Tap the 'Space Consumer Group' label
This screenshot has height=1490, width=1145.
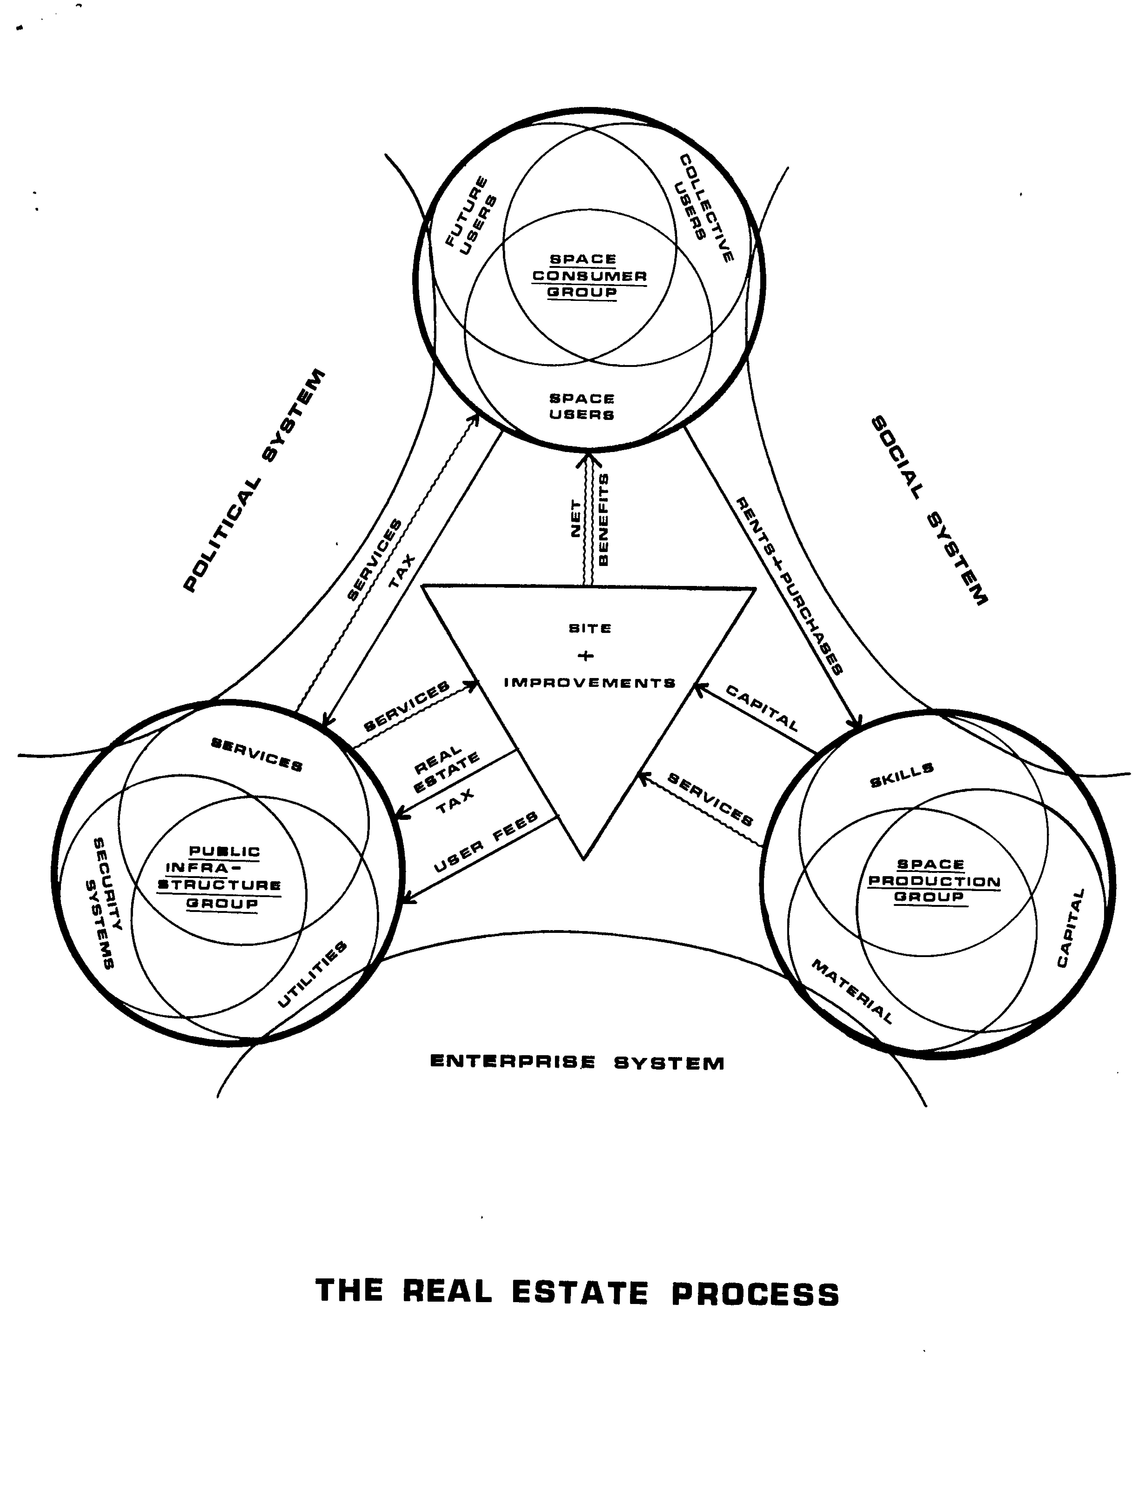tap(589, 276)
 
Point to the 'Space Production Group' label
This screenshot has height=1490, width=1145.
tap(933, 881)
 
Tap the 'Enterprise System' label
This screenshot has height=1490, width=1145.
tap(577, 1063)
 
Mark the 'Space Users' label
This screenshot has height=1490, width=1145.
tap(582, 406)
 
